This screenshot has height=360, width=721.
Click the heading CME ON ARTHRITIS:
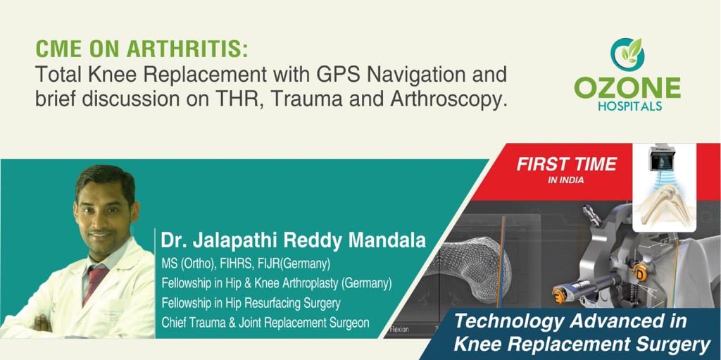[x=142, y=50]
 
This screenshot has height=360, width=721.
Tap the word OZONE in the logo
[x=628, y=87]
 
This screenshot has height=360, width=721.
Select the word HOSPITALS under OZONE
[x=630, y=106]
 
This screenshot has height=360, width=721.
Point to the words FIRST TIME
[x=567, y=164]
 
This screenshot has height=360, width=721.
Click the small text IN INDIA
[x=566, y=180]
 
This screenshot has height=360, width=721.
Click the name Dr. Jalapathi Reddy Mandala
[x=294, y=241]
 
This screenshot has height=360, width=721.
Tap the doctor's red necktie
[x=93, y=284]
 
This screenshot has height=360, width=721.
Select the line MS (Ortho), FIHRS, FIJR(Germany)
[x=246, y=264]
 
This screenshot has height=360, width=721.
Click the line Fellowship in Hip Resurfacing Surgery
[x=251, y=304]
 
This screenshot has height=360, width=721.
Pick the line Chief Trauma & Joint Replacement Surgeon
[x=265, y=323]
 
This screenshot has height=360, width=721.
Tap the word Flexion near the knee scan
[x=399, y=329]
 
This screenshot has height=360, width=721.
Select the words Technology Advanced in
[x=570, y=321]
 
